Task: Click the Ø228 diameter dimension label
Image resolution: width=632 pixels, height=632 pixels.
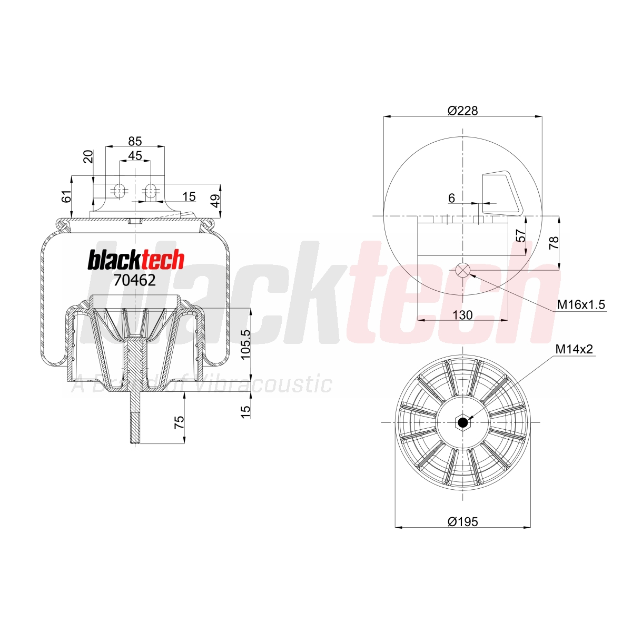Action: [462, 111]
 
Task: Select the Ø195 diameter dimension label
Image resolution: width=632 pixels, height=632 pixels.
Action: [463, 521]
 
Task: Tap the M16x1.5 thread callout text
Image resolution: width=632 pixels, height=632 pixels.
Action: [581, 305]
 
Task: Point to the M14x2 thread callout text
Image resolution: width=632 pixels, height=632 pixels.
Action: [574, 349]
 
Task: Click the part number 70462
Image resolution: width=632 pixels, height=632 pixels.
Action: [134, 280]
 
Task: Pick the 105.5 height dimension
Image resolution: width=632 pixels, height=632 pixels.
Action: [245, 344]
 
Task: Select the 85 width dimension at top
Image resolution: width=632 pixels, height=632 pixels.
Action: [135, 141]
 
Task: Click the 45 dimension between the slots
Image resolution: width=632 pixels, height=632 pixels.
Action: [135, 155]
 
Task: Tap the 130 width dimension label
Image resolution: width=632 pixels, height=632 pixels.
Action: [462, 315]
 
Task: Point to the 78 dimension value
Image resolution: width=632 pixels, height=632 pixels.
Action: [554, 243]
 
